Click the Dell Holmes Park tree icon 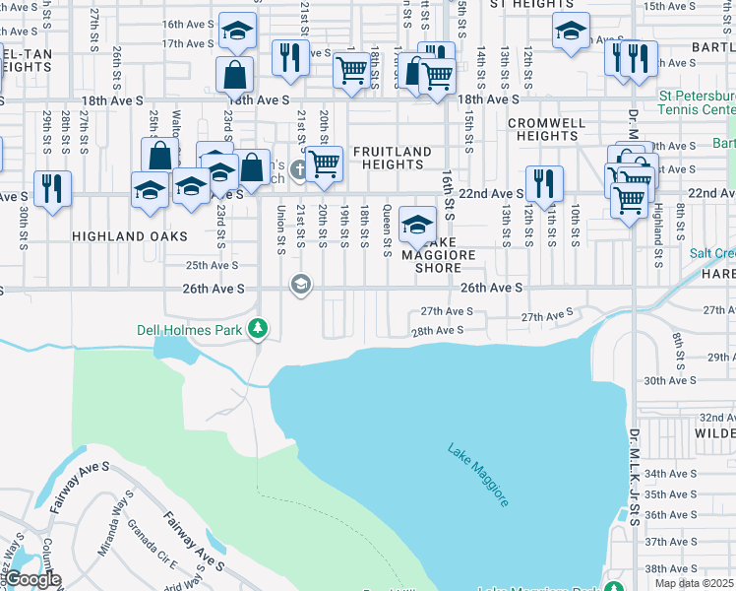(x=258, y=327)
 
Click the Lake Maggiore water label (x=478, y=475)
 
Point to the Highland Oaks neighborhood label (x=114, y=237)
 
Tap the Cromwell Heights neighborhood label (x=548, y=129)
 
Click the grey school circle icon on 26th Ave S (x=299, y=285)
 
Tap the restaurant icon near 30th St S (x=51, y=187)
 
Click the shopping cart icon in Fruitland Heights (x=323, y=164)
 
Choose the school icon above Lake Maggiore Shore (x=417, y=224)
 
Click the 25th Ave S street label (x=213, y=265)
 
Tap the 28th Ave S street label (x=436, y=331)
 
